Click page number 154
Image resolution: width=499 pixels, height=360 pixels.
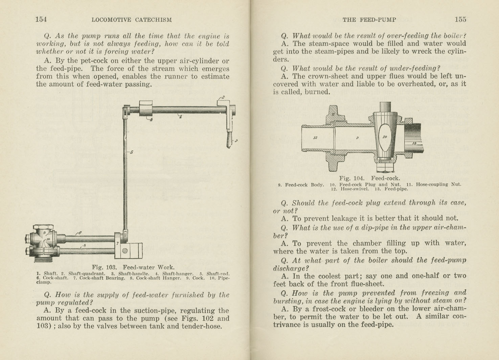point(41,19)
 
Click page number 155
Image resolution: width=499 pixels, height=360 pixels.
point(460,19)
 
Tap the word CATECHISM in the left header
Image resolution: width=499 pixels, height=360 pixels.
point(153,20)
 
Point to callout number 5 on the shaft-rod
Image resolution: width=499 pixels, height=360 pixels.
point(131,152)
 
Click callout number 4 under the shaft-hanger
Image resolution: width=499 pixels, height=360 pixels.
point(151,120)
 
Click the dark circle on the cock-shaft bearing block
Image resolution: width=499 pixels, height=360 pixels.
point(125,251)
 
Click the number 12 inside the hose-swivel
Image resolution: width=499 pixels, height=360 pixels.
point(315,138)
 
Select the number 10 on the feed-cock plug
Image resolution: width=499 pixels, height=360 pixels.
point(385,137)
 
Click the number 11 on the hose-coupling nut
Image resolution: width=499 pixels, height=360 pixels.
point(333,115)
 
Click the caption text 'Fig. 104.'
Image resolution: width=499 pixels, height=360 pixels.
point(351,178)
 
